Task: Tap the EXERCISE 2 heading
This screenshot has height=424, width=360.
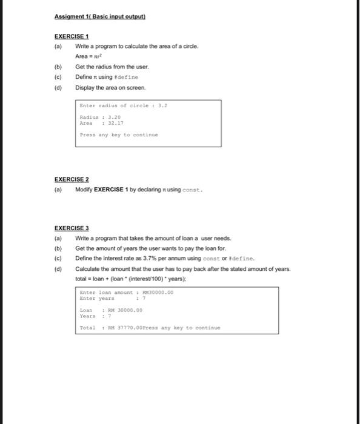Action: (72, 179)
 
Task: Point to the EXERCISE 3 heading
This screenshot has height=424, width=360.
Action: (72, 228)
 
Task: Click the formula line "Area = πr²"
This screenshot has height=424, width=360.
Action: (89, 56)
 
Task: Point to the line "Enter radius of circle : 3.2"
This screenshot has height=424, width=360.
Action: (123, 105)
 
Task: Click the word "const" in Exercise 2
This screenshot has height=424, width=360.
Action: (192, 190)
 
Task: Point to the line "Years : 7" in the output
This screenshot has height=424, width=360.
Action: (95, 316)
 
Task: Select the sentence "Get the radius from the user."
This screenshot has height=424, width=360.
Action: (112, 67)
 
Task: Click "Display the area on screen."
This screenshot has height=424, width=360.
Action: (110, 88)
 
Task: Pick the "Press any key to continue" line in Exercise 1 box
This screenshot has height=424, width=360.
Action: (119, 135)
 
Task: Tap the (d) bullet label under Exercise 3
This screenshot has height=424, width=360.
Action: (59, 269)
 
